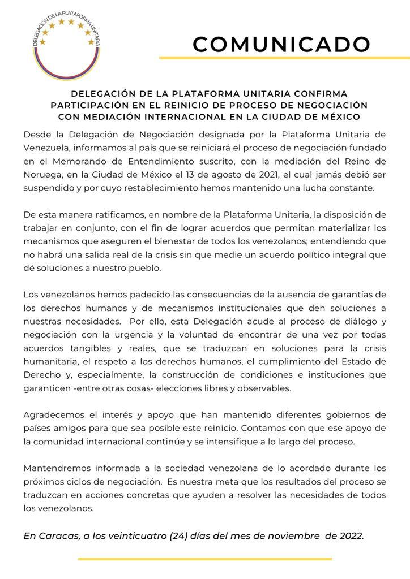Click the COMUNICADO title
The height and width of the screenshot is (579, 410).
281,44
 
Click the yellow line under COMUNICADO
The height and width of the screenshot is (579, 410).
284,58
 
